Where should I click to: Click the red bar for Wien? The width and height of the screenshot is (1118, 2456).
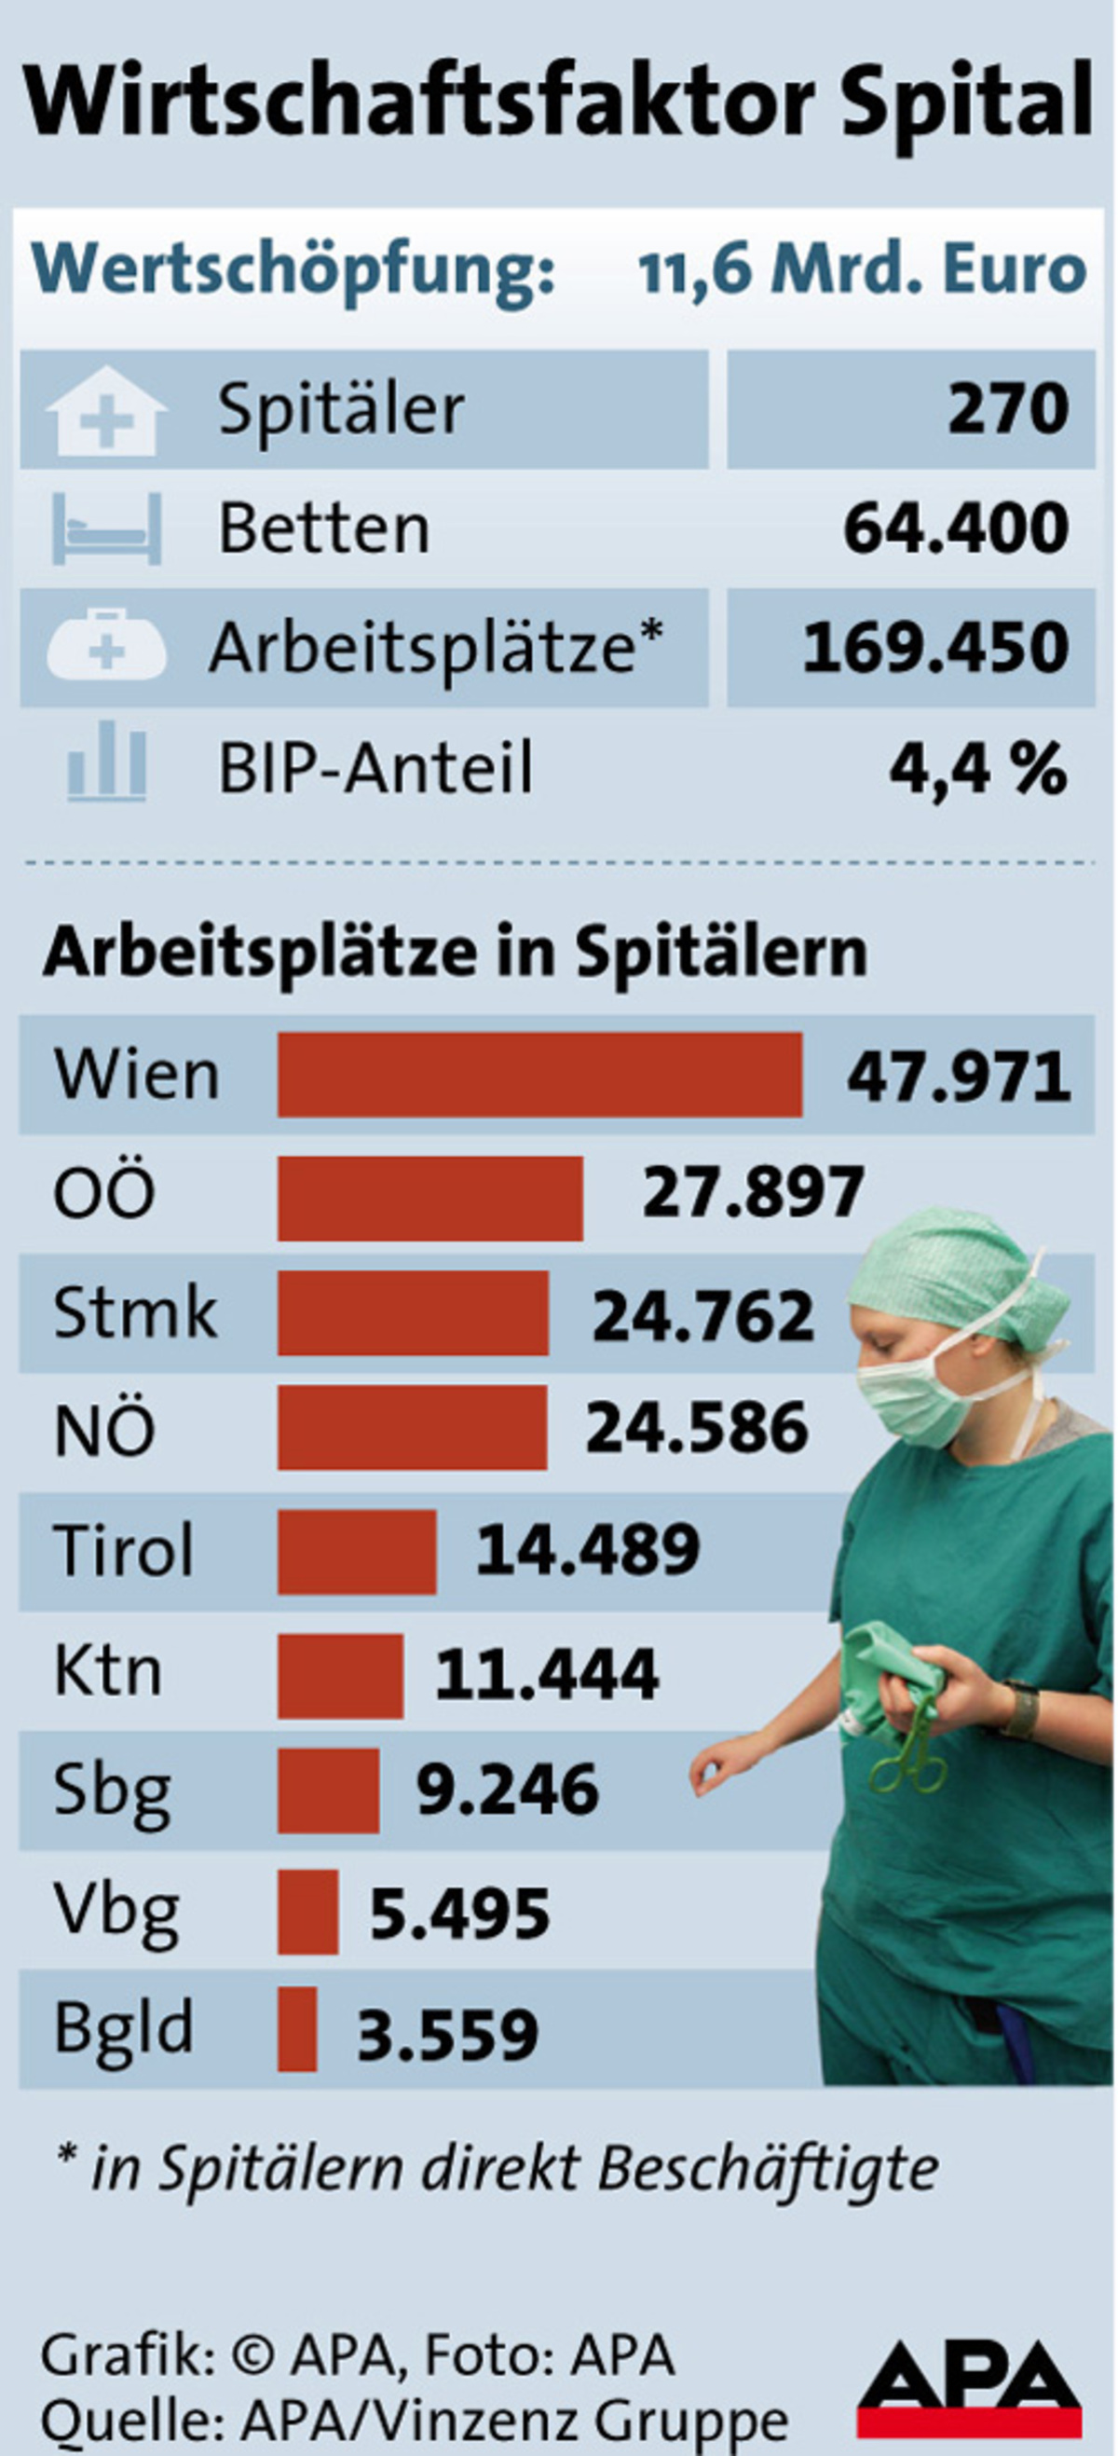click(539, 1075)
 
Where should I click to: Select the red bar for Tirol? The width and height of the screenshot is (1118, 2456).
click(357, 1551)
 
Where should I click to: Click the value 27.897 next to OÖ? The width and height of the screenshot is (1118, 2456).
click(753, 1193)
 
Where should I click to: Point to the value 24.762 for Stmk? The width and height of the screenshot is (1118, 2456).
click(703, 1315)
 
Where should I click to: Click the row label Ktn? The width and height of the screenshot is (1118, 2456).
click(108, 1671)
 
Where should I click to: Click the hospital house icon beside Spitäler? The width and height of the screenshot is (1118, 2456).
click(106, 411)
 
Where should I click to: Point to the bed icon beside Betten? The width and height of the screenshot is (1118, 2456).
click(106, 529)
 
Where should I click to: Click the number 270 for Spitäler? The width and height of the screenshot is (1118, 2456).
click(1007, 409)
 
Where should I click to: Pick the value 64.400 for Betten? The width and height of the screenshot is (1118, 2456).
click(955, 529)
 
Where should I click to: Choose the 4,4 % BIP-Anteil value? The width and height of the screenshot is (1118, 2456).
click(978, 769)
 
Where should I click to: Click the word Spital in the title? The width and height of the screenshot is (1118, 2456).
click(965, 100)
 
